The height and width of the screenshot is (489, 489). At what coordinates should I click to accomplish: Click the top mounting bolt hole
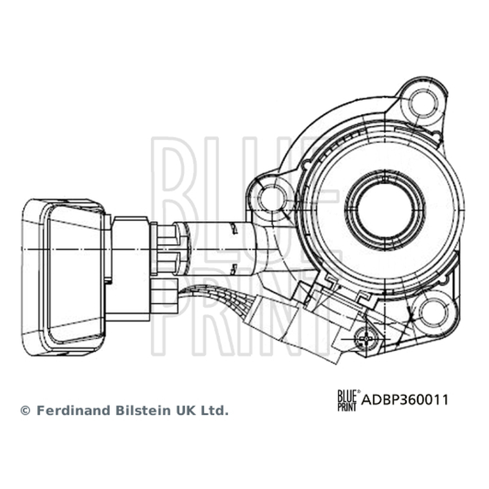[423, 103]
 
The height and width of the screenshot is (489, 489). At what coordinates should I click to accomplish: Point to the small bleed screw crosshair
[366, 338]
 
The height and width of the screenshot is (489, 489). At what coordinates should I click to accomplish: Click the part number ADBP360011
[405, 400]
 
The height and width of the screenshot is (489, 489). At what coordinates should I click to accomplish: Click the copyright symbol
[25, 411]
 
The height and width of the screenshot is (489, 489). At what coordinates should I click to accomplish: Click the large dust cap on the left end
[64, 278]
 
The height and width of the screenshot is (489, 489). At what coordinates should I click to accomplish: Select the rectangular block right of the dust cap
[131, 269]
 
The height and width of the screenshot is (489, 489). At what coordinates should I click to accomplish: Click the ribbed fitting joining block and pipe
[166, 249]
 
